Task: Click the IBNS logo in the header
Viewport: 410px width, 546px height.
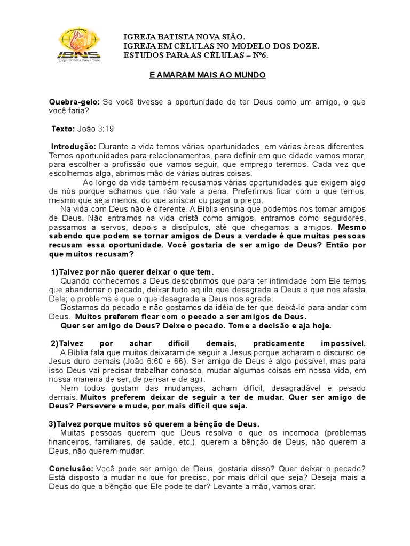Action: coord(80,46)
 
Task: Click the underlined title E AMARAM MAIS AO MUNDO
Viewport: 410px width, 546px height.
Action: coord(207,75)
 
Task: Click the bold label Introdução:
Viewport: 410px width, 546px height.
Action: coord(74,146)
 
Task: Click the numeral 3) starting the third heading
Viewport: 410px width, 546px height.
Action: coord(52,423)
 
